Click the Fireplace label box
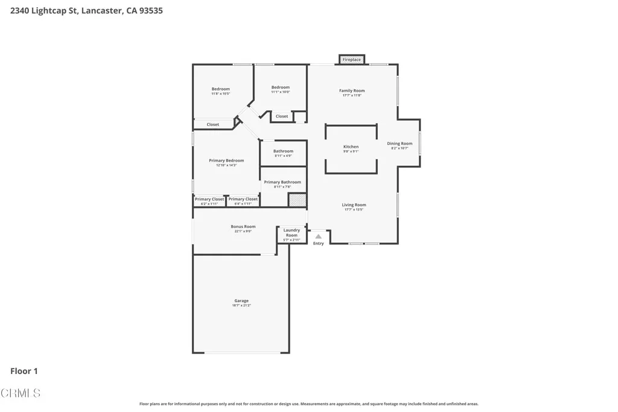tap(352, 60)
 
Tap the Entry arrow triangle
tap(318, 236)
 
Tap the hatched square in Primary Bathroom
tap(297, 200)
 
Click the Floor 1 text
tap(24, 371)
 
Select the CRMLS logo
tap(21, 393)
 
